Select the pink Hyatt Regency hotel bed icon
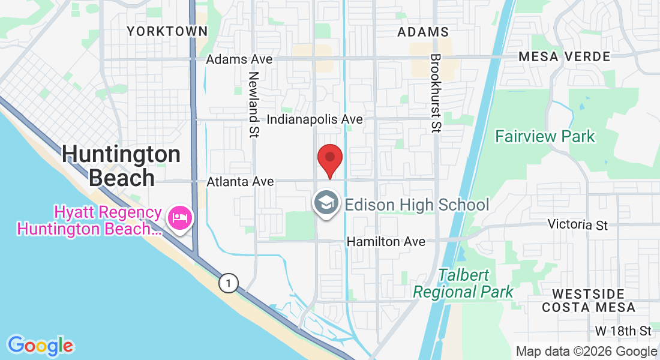point(179,217)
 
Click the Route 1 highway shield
point(228,283)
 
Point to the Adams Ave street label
point(239,59)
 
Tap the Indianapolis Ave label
point(314,119)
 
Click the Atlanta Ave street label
point(240,181)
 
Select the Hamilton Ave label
point(386,241)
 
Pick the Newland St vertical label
point(254,105)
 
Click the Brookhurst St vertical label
point(436,93)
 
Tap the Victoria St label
point(577,225)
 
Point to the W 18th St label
point(623,331)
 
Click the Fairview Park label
point(545,137)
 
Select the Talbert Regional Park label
point(463,284)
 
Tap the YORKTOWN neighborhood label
point(167,31)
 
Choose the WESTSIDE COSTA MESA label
point(588,301)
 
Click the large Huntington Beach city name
point(121,166)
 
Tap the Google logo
point(40,346)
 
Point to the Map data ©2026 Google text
point(586,352)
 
